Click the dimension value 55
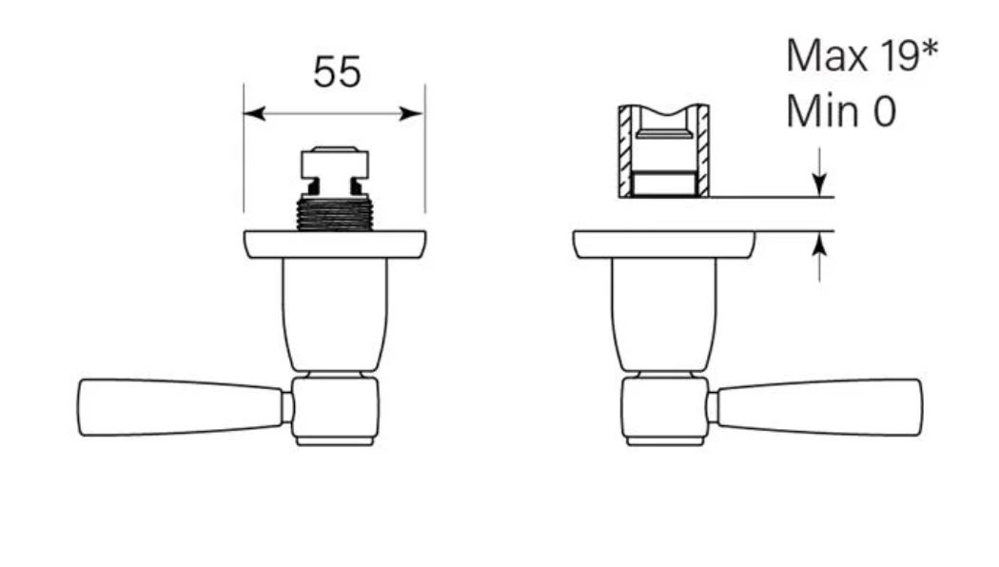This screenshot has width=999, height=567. (337, 71)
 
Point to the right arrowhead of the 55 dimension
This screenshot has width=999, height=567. (412, 114)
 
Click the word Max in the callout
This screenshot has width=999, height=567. (827, 56)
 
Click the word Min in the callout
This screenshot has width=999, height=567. (818, 111)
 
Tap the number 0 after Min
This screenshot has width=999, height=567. (884, 111)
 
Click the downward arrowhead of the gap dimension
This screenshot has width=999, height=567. (820, 185)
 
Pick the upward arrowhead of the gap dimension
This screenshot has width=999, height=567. (820, 244)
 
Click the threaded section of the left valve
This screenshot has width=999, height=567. (335, 213)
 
